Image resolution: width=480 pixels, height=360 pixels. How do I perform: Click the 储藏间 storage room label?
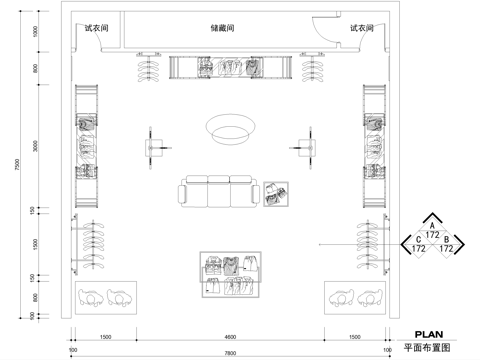tap(223, 29)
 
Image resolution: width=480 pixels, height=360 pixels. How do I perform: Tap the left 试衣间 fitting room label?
tap(98, 29)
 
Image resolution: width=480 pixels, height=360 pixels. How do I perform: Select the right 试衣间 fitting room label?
tap(362, 29)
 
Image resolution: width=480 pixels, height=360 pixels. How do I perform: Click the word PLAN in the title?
tap(429, 336)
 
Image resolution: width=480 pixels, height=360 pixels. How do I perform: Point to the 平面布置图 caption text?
tap(428, 349)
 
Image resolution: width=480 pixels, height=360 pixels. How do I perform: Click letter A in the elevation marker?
tap(431, 226)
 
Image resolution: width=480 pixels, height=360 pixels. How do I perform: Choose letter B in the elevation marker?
tap(446, 239)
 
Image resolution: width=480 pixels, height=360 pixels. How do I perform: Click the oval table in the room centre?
tap(230, 127)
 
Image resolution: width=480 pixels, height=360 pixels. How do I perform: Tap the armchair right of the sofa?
tap(275, 193)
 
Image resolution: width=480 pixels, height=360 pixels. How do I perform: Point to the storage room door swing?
tap(318, 32)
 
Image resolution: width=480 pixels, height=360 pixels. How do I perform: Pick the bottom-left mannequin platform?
tap(104, 296)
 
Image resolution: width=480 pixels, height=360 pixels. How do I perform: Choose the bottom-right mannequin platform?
tap(356, 296)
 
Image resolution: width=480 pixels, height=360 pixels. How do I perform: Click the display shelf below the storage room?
tap(230, 68)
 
